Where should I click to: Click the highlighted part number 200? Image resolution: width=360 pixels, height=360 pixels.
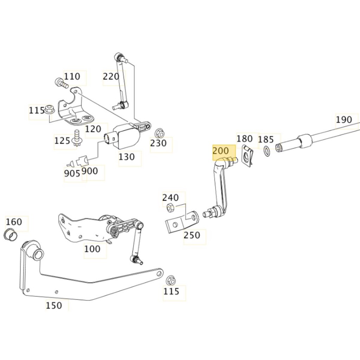[220, 151]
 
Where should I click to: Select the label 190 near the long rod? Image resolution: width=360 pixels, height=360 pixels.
[343, 120]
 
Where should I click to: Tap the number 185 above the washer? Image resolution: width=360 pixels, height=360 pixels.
[266, 140]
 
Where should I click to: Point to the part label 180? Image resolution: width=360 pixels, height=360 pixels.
[244, 139]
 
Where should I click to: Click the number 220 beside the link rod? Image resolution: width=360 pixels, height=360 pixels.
[111, 76]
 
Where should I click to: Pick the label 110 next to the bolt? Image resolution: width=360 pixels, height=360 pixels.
[72, 76]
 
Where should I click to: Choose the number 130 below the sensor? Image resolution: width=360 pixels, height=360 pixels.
[127, 157]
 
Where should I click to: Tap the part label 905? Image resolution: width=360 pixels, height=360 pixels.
[72, 173]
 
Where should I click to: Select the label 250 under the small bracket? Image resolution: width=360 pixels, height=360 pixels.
[192, 235]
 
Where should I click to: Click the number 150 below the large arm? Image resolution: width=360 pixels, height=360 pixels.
[54, 306]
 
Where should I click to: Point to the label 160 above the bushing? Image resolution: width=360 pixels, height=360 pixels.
[14, 222]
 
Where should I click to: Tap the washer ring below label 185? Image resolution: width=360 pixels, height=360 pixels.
[267, 152]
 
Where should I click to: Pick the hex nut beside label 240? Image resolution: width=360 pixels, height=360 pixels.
[168, 208]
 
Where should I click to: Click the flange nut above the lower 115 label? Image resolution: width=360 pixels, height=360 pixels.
[171, 280]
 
